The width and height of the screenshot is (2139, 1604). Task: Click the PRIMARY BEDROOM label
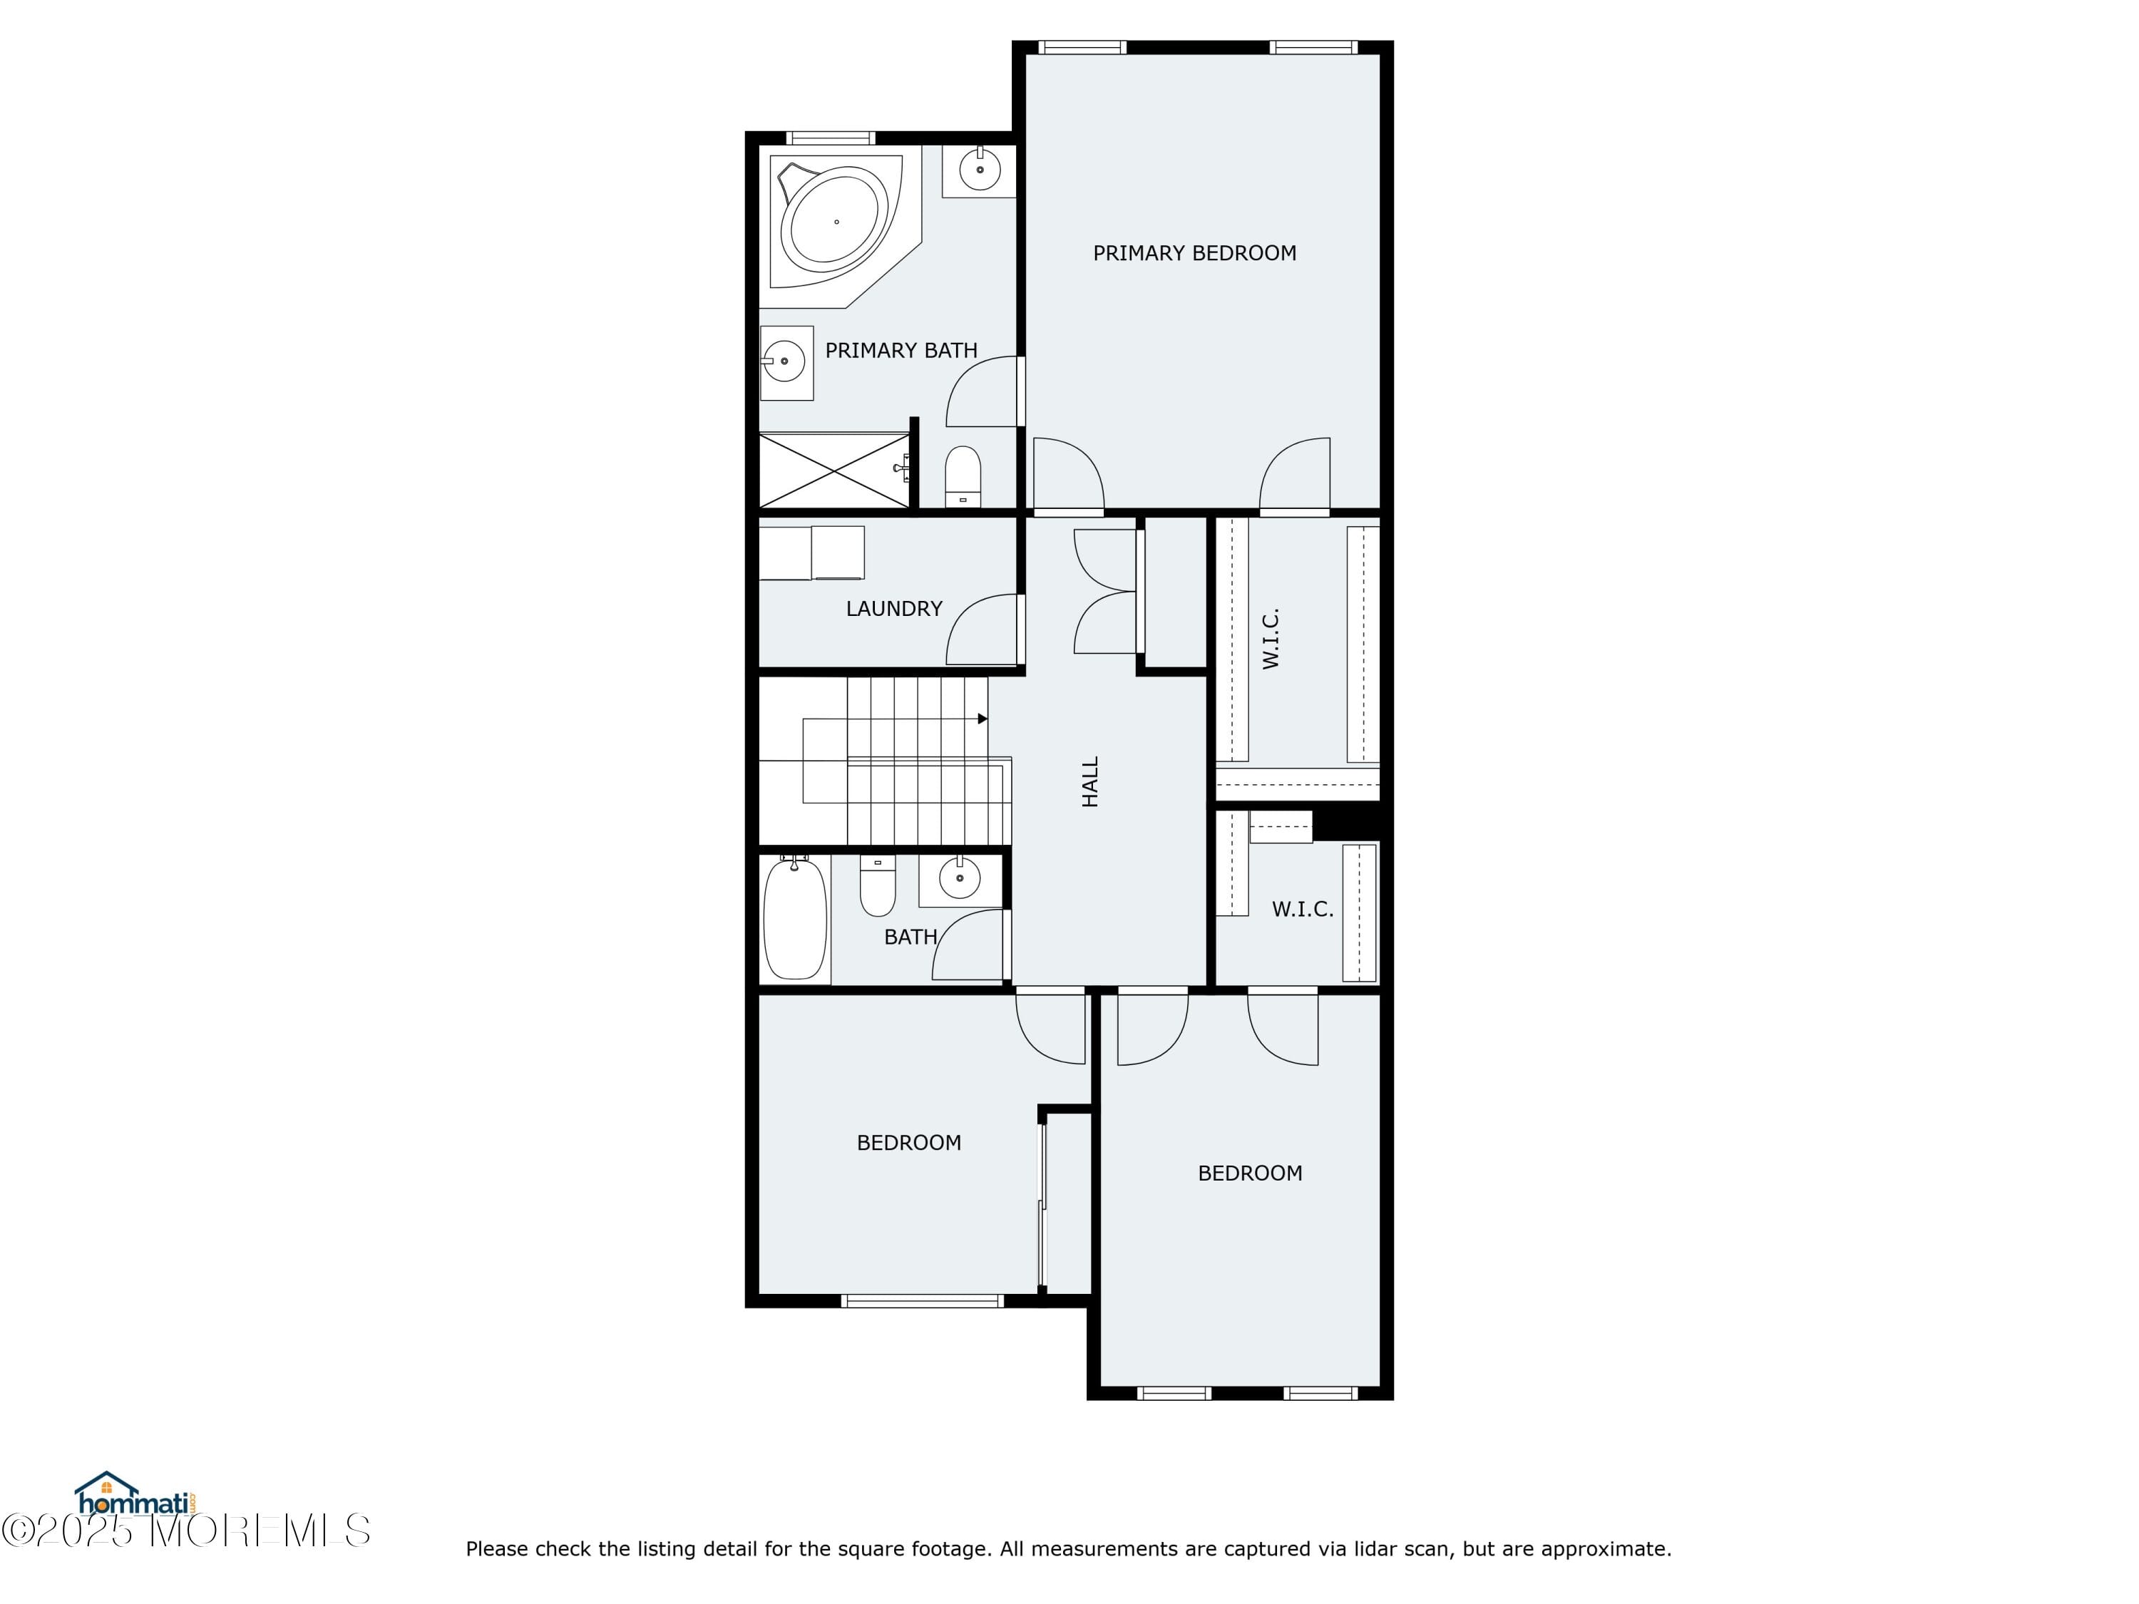tap(1194, 253)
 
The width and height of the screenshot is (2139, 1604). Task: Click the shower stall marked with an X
tap(833, 471)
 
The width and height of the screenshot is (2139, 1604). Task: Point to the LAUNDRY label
tap(893, 609)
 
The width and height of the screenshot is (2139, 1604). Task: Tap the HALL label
tap(1089, 781)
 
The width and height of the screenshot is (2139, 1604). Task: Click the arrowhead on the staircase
tap(983, 719)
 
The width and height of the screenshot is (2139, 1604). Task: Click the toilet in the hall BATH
tap(878, 888)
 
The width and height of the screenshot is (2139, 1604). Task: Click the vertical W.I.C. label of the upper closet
tap(1271, 638)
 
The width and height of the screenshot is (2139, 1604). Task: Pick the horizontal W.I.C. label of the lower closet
tap(1301, 910)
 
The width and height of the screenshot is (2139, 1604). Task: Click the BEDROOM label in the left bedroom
tap(908, 1143)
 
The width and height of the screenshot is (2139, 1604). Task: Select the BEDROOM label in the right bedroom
tap(1249, 1173)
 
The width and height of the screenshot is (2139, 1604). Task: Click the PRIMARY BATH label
tap(901, 351)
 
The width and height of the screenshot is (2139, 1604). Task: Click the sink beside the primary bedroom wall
tap(980, 170)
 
